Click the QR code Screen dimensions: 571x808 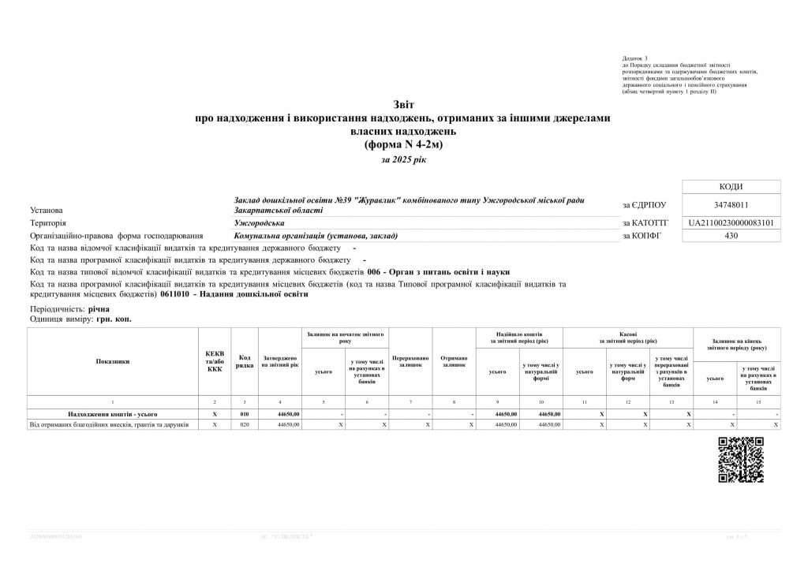pos(741,458)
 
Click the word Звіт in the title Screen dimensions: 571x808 pos(403,104)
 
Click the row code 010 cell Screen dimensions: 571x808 pos(245,413)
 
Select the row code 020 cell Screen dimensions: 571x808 pos(245,424)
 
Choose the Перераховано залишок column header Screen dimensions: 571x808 pos(411,362)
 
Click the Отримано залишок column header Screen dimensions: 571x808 pos(454,362)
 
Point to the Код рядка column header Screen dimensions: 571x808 pos(245,361)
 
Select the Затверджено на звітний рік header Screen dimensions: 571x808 pos(280,362)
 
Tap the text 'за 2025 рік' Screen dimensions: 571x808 pos(403,159)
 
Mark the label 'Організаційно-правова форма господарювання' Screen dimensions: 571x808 pos(116,236)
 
